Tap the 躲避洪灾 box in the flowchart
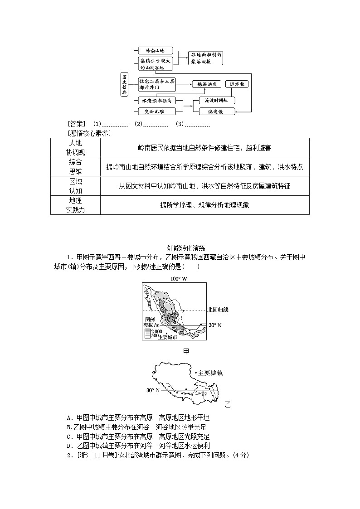[206, 84]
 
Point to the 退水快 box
[238, 84]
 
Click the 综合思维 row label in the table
[75, 167]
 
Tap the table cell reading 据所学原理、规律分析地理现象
[204, 205]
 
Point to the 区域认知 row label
[75, 186]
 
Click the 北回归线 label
[218, 310]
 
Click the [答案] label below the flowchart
[76, 124]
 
